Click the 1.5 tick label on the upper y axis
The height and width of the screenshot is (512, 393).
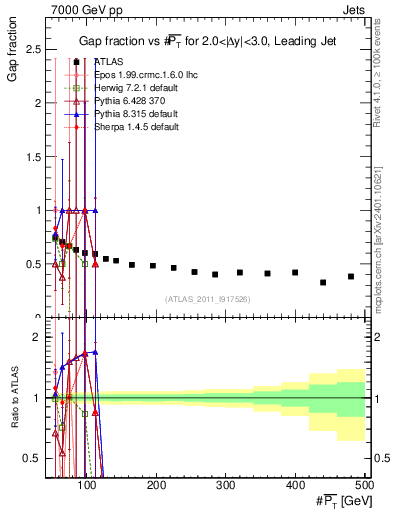click(x=36, y=157)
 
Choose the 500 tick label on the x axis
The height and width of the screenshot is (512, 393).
click(x=365, y=484)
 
